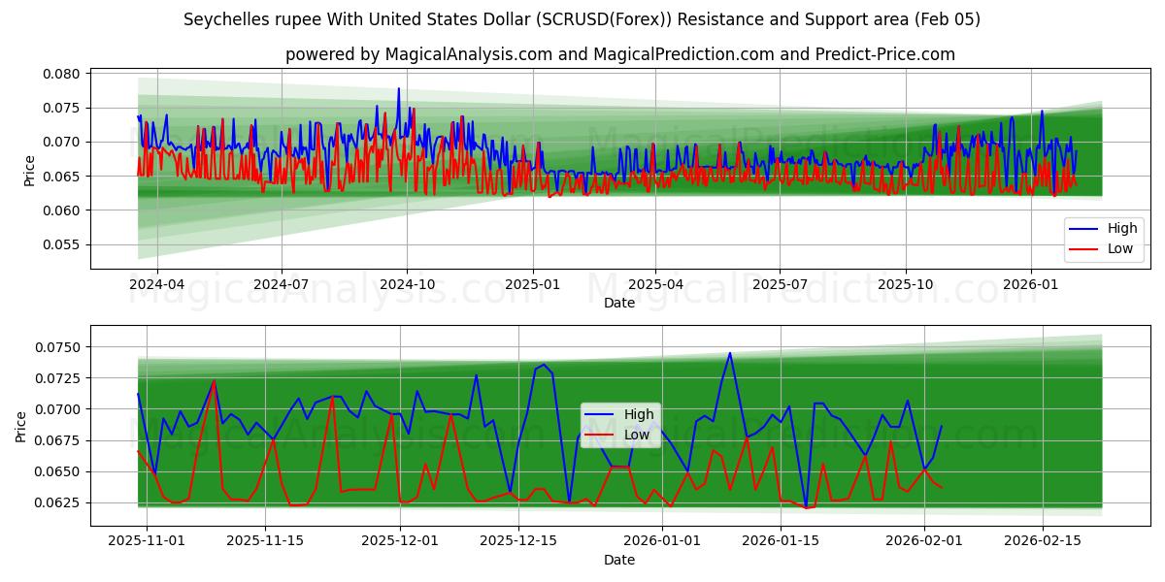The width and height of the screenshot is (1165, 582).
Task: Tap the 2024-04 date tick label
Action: coord(156,284)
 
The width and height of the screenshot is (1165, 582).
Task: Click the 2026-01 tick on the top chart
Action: coord(1030,284)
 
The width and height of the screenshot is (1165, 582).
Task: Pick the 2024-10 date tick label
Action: coord(406,284)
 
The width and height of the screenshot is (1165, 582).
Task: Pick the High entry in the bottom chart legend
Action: coord(638,415)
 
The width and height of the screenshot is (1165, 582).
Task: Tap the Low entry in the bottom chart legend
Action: coord(636,435)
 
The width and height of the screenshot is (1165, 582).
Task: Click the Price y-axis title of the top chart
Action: coord(30,170)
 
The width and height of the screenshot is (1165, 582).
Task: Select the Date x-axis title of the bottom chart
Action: coord(619,560)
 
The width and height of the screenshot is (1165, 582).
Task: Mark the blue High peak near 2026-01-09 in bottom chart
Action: coord(730,353)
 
